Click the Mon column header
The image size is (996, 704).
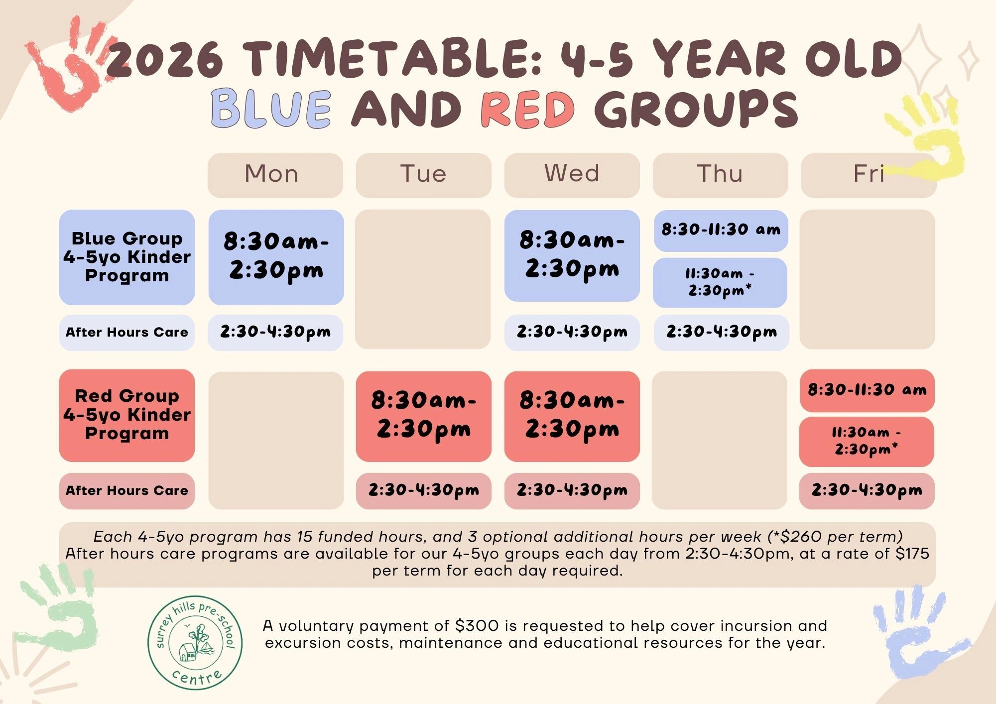[x=275, y=175]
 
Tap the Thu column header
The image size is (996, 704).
[x=720, y=175]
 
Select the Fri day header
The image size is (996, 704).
[x=869, y=175]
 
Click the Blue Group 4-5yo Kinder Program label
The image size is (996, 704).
[x=127, y=257]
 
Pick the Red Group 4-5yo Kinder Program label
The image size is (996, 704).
[x=127, y=415]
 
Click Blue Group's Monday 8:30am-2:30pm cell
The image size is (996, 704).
[x=276, y=257]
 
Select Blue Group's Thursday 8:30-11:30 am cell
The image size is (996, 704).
[x=721, y=231]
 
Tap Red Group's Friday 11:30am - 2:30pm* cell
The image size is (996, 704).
[x=867, y=442]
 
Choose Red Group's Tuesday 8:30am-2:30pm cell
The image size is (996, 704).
[x=424, y=416]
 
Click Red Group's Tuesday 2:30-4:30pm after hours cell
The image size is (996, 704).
[x=424, y=491]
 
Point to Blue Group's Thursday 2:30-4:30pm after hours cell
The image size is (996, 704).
[x=722, y=332]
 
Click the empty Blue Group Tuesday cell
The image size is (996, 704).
[x=423, y=279]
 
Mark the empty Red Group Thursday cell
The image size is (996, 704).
[x=720, y=440]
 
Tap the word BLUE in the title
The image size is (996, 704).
[x=271, y=108]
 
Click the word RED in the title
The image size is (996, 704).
[x=528, y=108]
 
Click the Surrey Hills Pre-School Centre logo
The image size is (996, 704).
[x=196, y=643]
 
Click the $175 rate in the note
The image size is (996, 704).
[x=912, y=554]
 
